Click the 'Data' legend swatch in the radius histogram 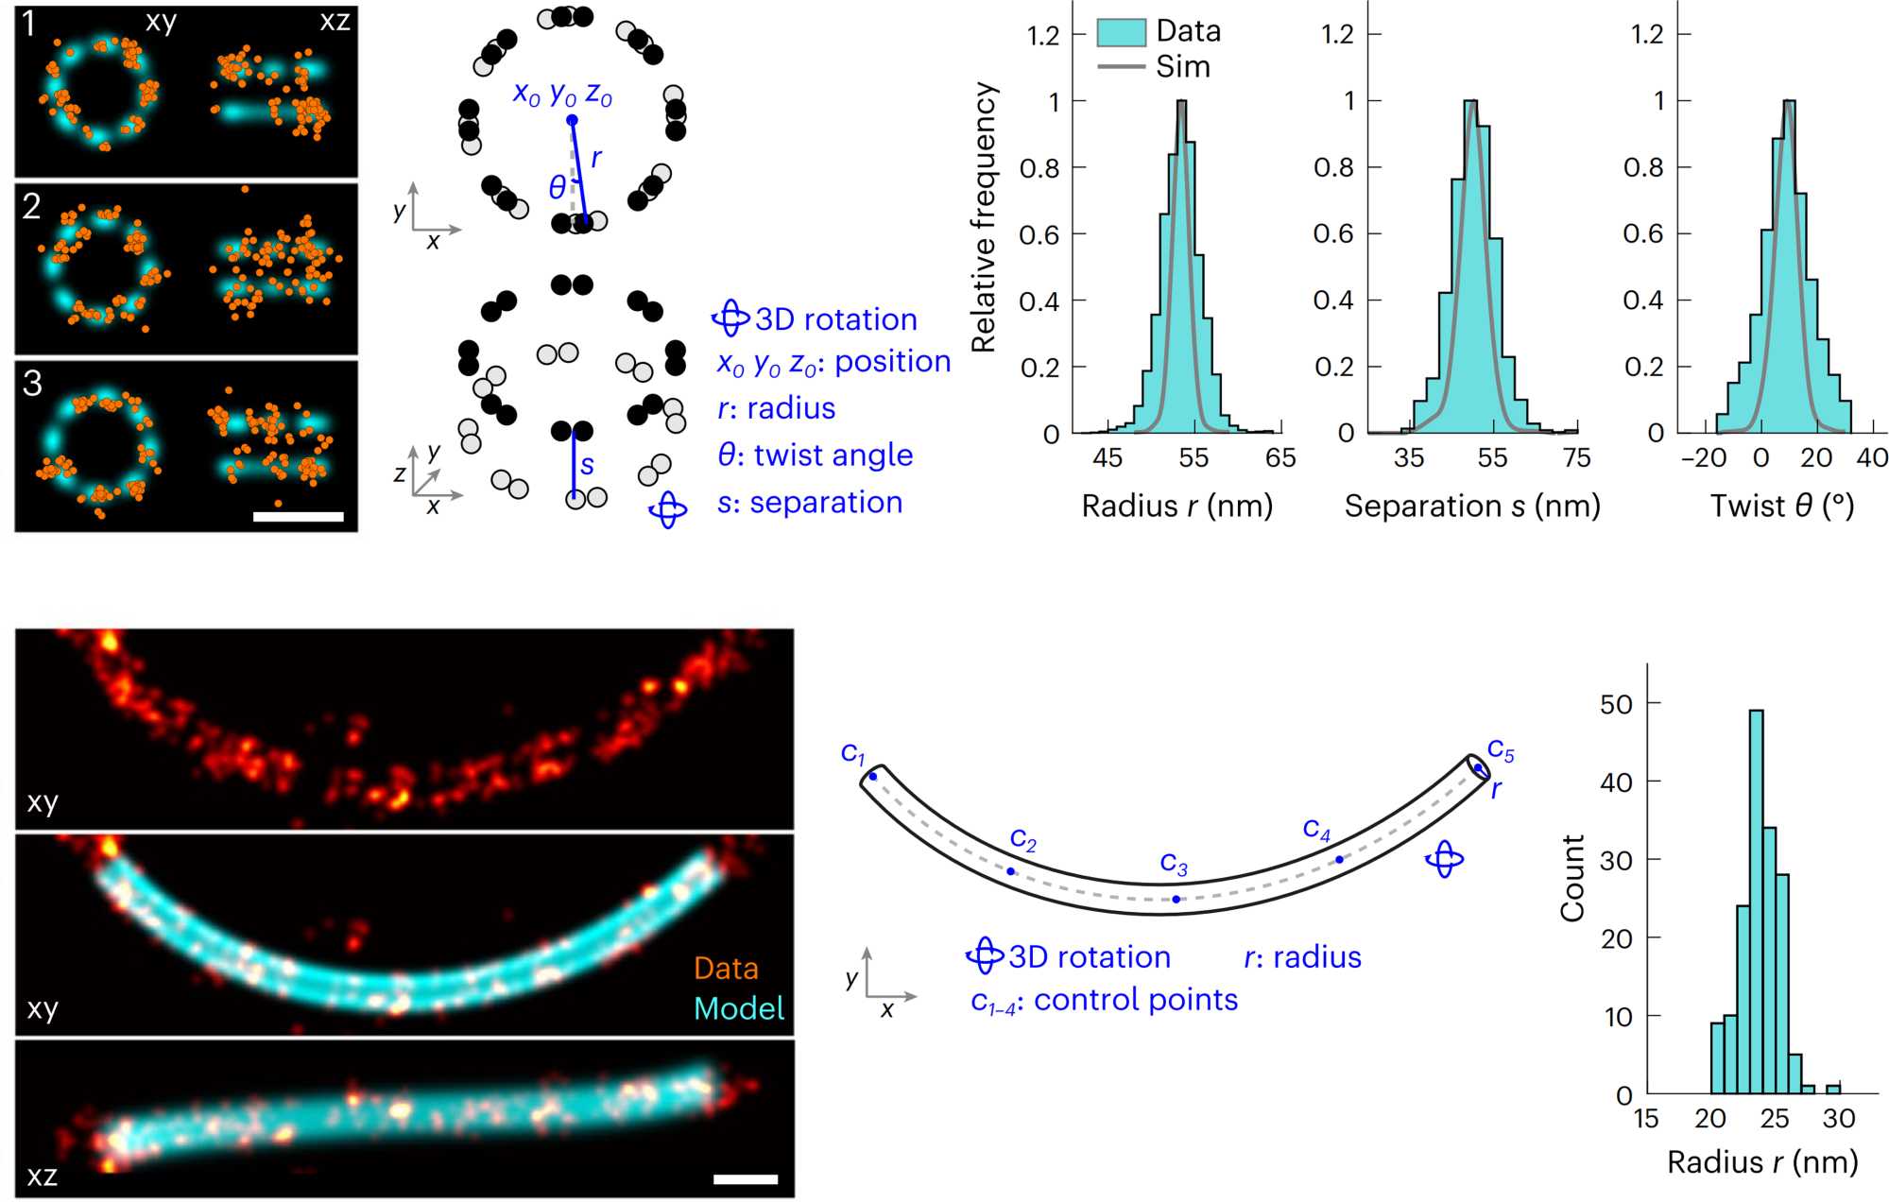[x=1121, y=32]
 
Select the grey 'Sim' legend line [x=1121, y=67]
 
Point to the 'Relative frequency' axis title [x=984, y=217]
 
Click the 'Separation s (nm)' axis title [x=1472, y=507]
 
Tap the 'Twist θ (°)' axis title [x=1782, y=507]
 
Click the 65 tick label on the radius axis [x=1280, y=458]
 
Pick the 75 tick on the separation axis [x=1576, y=458]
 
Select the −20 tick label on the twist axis [x=1704, y=458]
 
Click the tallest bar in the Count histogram [x=1756, y=898]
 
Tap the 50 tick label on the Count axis [x=1616, y=704]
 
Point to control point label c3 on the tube [x=1174, y=864]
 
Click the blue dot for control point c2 [x=1011, y=871]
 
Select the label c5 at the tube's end [x=1501, y=751]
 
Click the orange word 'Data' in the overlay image [x=726, y=969]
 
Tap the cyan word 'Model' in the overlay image [x=739, y=1009]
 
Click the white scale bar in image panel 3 [x=299, y=517]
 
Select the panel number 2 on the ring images [x=32, y=207]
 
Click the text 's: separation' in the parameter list [x=809, y=503]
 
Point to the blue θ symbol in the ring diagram [x=558, y=187]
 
